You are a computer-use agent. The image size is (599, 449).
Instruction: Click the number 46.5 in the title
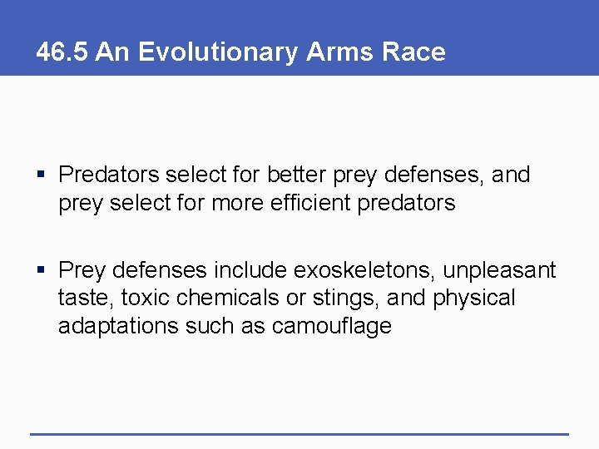pyautogui.click(x=62, y=52)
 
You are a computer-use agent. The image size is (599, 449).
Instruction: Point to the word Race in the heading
pyautogui.click(x=413, y=52)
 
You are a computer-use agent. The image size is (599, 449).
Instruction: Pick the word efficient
pyautogui.click(x=309, y=204)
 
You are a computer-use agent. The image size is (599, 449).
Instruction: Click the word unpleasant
pyautogui.click(x=499, y=270)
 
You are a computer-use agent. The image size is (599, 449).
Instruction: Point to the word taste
pyautogui.click(x=79, y=298)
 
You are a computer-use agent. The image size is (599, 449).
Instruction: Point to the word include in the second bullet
pyautogui.click(x=247, y=270)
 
